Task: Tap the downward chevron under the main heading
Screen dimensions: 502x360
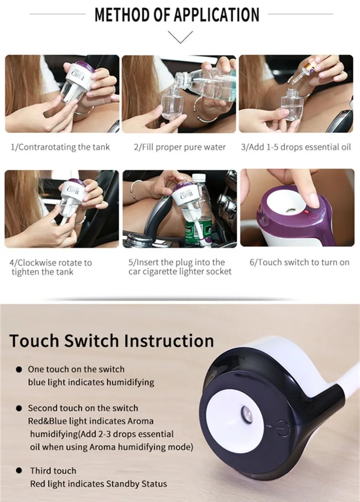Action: [180, 37]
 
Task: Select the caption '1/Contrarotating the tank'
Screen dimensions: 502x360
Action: [61, 147]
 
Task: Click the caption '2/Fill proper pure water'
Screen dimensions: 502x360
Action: [180, 147]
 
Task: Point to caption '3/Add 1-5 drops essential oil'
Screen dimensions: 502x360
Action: [296, 147]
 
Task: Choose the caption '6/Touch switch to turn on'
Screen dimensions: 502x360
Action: [299, 262]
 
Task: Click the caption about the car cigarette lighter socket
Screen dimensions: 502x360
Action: [180, 267]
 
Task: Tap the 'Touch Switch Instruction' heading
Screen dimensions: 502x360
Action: [112, 340]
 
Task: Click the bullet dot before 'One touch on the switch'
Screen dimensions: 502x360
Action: [19, 369]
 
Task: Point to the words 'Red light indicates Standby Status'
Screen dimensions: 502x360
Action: [98, 483]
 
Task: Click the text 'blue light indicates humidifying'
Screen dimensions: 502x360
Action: [91, 382]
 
